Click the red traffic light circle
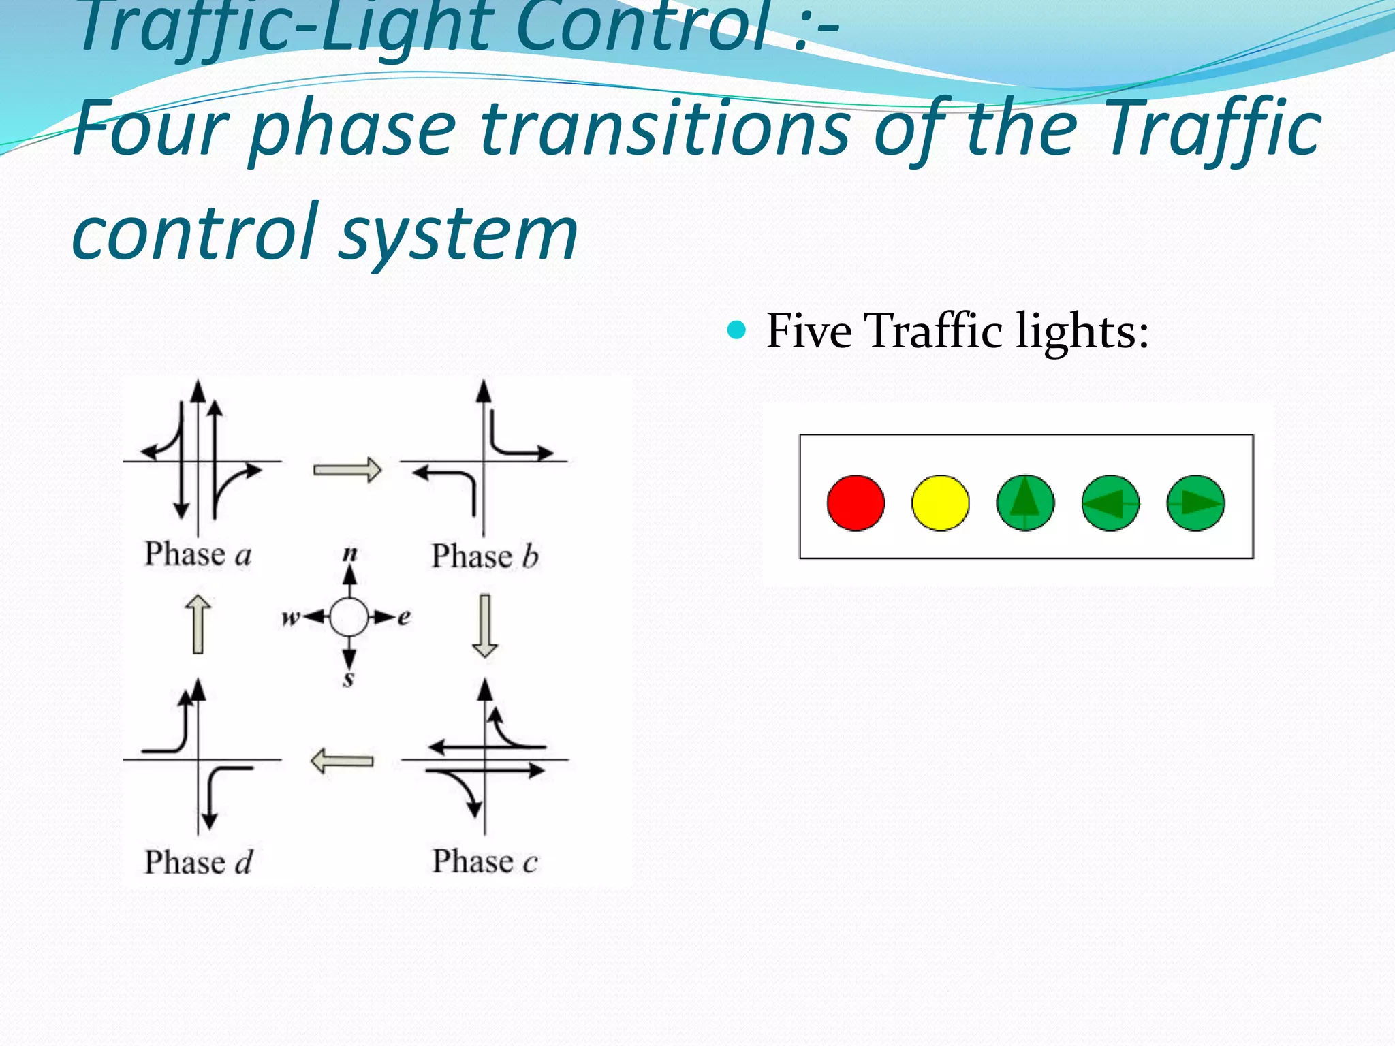click(856, 503)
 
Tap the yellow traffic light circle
click(940, 503)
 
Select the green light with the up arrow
click(1025, 503)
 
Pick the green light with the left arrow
click(1110, 503)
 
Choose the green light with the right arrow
click(1195, 503)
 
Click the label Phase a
click(198, 554)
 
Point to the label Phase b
click(485, 556)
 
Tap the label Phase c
click(485, 861)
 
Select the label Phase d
click(198, 862)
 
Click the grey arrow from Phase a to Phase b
click(347, 470)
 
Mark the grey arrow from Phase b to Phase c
click(485, 625)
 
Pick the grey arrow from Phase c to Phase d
click(342, 761)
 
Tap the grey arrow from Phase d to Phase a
click(198, 624)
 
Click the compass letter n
click(349, 553)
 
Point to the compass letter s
click(349, 679)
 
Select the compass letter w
click(290, 618)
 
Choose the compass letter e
click(404, 618)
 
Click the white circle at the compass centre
click(349, 618)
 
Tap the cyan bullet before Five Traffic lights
click(736, 331)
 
